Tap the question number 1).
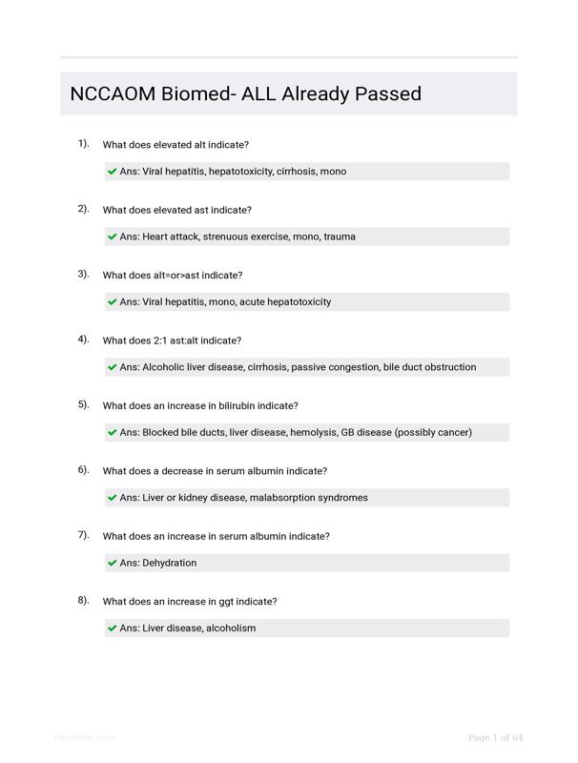84,144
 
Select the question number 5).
84,404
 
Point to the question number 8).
84,600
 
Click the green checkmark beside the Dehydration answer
113,563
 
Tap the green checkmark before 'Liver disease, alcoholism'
113,628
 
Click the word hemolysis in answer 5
313,432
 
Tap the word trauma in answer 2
340,237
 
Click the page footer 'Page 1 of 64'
495,737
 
